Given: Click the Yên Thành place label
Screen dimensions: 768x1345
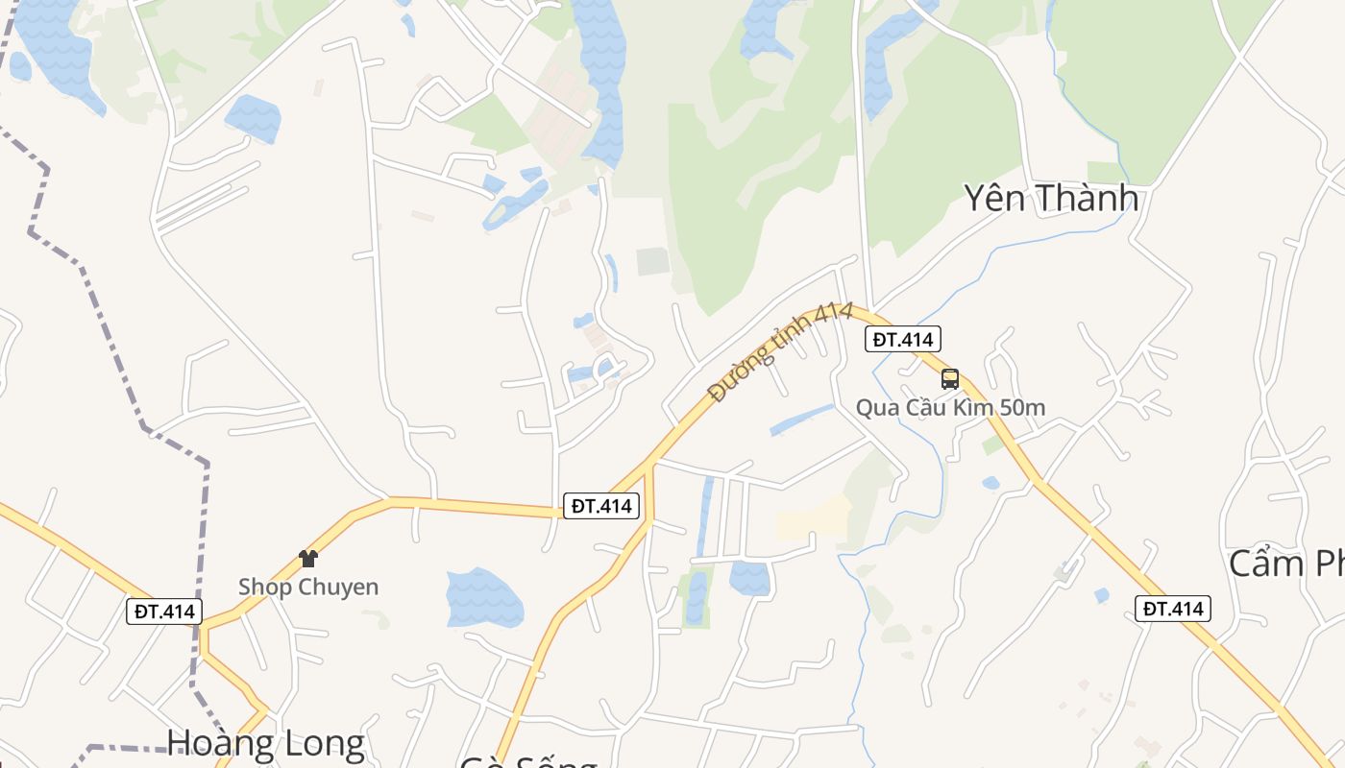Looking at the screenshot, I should [1051, 198].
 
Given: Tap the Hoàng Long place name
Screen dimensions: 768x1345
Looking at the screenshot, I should [265, 744].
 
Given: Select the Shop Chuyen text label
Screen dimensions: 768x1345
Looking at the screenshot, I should [308, 587].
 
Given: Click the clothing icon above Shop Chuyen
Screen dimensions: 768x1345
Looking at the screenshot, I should [307, 558].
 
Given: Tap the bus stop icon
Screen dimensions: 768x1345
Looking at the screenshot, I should [950, 378].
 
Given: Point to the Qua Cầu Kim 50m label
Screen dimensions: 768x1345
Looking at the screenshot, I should [950, 408].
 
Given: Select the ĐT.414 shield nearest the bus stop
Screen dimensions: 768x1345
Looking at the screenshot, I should [903, 339].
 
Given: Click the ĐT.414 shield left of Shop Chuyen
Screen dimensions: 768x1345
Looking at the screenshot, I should [164, 612].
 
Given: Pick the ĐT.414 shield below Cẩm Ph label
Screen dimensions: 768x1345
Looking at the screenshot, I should [1172, 609].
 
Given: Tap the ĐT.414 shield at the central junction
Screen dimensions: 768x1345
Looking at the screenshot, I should [601, 506].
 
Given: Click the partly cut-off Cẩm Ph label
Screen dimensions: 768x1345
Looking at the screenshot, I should [1286, 564].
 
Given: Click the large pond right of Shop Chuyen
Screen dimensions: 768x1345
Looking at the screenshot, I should [484, 597].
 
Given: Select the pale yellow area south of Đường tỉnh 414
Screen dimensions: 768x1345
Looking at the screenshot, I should [813, 518].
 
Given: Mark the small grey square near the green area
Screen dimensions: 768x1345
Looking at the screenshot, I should [652, 261].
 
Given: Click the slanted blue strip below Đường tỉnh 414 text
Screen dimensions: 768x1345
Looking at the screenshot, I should [801, 420].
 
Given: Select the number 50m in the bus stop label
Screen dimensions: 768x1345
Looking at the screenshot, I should [1022, 408].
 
